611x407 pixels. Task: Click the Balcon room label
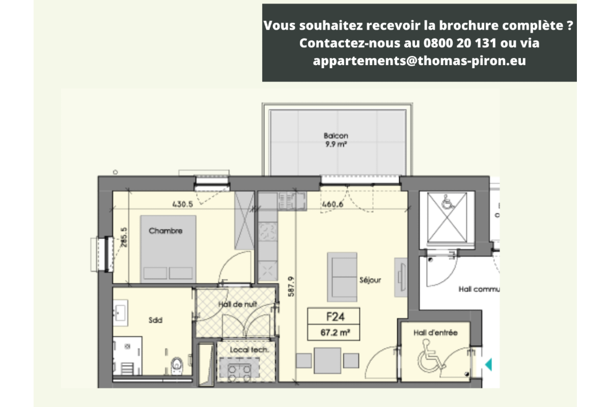(336, 136)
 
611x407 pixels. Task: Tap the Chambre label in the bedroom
(165, 231)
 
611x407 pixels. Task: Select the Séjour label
(370, 280)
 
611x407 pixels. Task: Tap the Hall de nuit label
(237, 304)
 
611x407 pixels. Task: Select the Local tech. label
(245, 350)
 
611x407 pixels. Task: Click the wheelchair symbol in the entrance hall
(431, 356)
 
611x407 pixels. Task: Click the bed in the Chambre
(168, 248)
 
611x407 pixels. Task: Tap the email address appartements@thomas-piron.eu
(420, 61)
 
